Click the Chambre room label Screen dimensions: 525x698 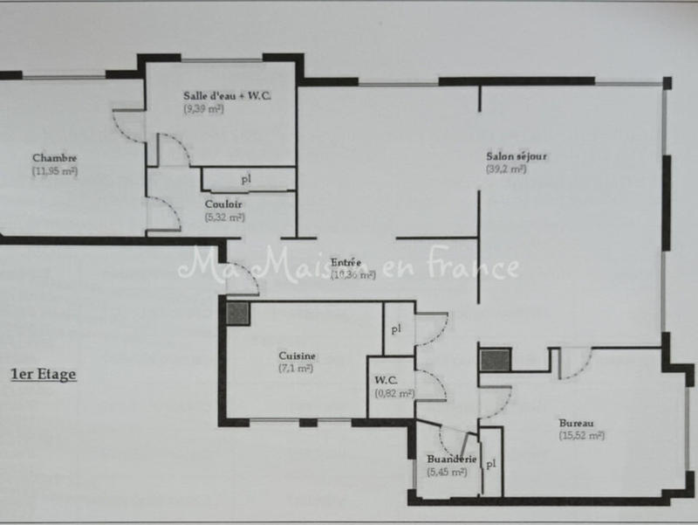[55, 158]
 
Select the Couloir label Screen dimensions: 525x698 [218, 204]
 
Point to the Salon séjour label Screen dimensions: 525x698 [517, 156]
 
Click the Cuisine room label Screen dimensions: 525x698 [298, 356]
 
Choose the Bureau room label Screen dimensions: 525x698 [579, 423]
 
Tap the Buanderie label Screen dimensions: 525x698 [451, 459]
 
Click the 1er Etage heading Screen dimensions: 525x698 [43, 375]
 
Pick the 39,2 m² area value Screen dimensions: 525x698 [506, 169]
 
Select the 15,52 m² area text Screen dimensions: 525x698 [582, 435]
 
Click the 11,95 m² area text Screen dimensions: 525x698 [55, 171]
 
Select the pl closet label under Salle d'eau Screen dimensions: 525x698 [247, 180]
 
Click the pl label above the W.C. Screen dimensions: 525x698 [396, 329]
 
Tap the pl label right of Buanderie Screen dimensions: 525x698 [491, 464]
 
